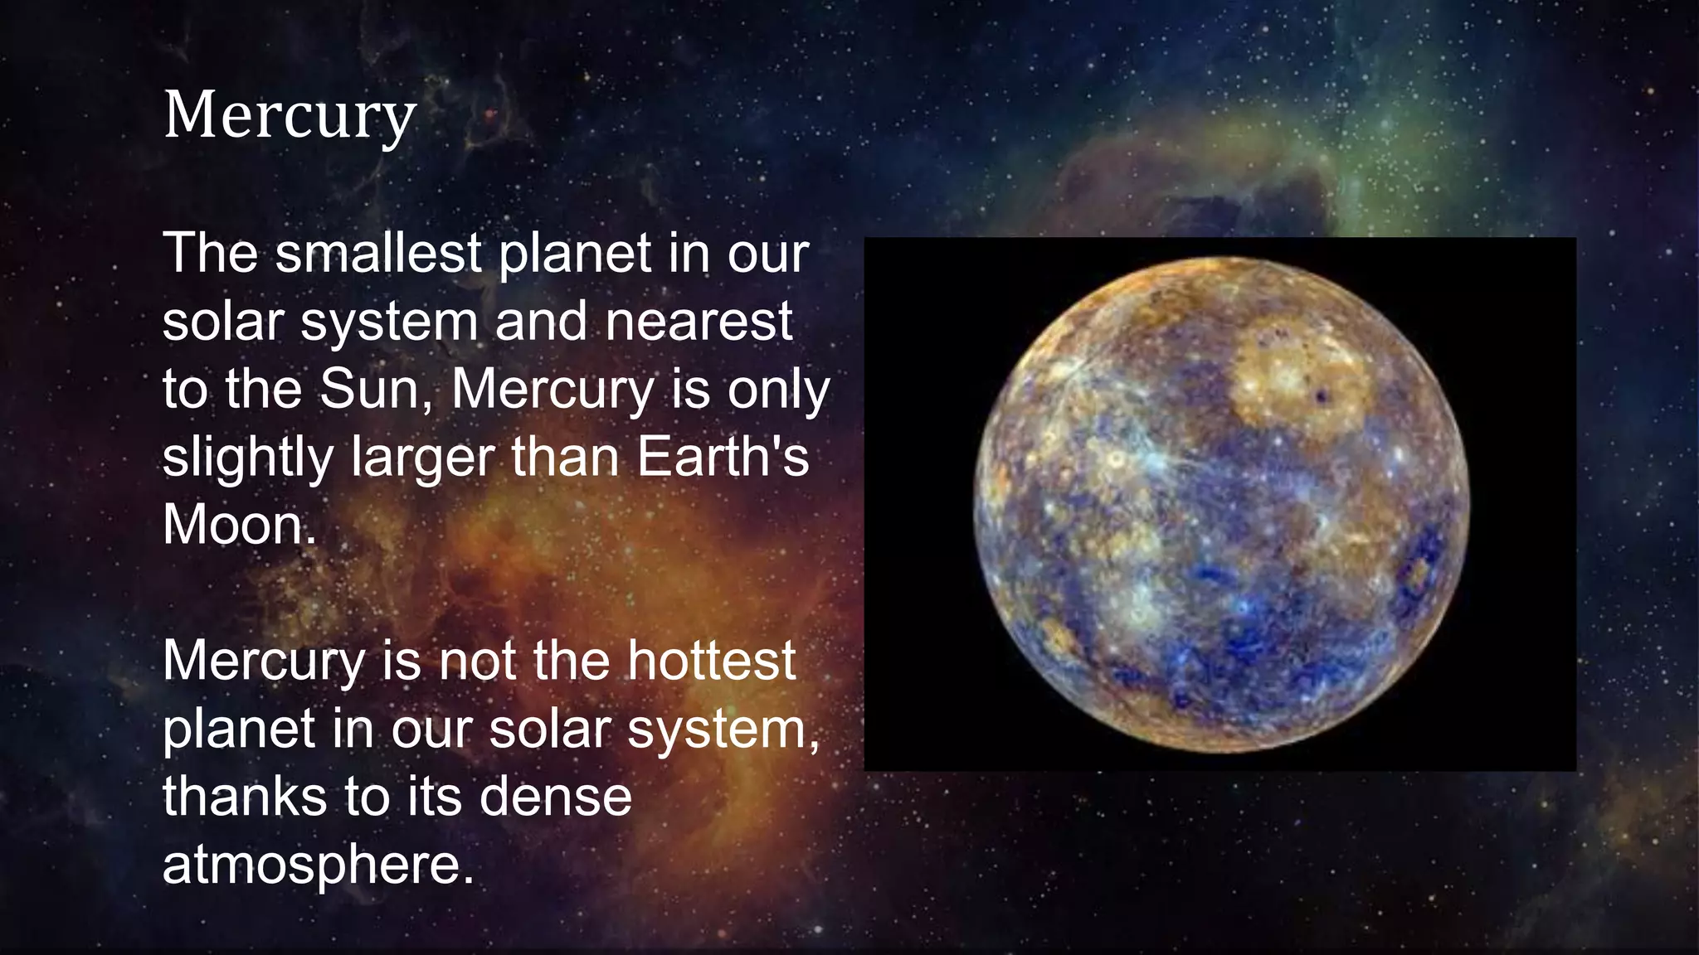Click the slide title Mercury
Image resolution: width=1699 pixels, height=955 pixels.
tap(289, 116)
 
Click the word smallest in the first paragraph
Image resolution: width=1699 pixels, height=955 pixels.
tap(378, 253)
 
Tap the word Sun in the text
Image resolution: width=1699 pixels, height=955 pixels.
tap(377, 388)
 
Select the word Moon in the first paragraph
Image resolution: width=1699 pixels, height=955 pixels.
tap(237, 525)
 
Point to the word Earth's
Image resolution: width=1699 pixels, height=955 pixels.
tap(722, 456)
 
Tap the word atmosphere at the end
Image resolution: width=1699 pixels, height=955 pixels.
tap(317, 865)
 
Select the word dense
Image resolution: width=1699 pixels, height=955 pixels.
tap(555, 797)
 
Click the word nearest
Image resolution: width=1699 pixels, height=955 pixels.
tap(699, 321)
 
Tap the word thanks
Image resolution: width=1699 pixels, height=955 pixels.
tap(244, 797)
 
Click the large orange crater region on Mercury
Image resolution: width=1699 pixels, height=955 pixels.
tap(1297, 377)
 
